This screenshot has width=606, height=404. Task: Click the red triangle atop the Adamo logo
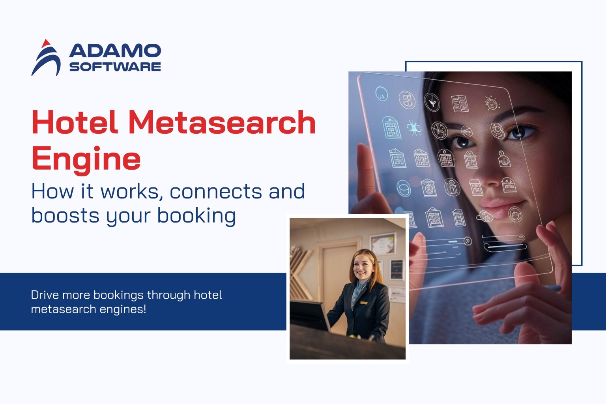[x=46, y=43]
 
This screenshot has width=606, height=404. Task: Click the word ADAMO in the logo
[x=115, y=51]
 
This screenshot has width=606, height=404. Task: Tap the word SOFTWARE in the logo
[x=115, y=67]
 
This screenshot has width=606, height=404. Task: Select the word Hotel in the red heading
[x=75, y=122]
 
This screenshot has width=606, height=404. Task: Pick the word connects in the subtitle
[x=215, y=191]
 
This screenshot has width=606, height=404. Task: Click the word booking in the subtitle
[x=196, y=216]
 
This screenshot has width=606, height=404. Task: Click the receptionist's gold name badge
[x=364, y=303]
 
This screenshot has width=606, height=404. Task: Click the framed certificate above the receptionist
[x=382, y=243]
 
